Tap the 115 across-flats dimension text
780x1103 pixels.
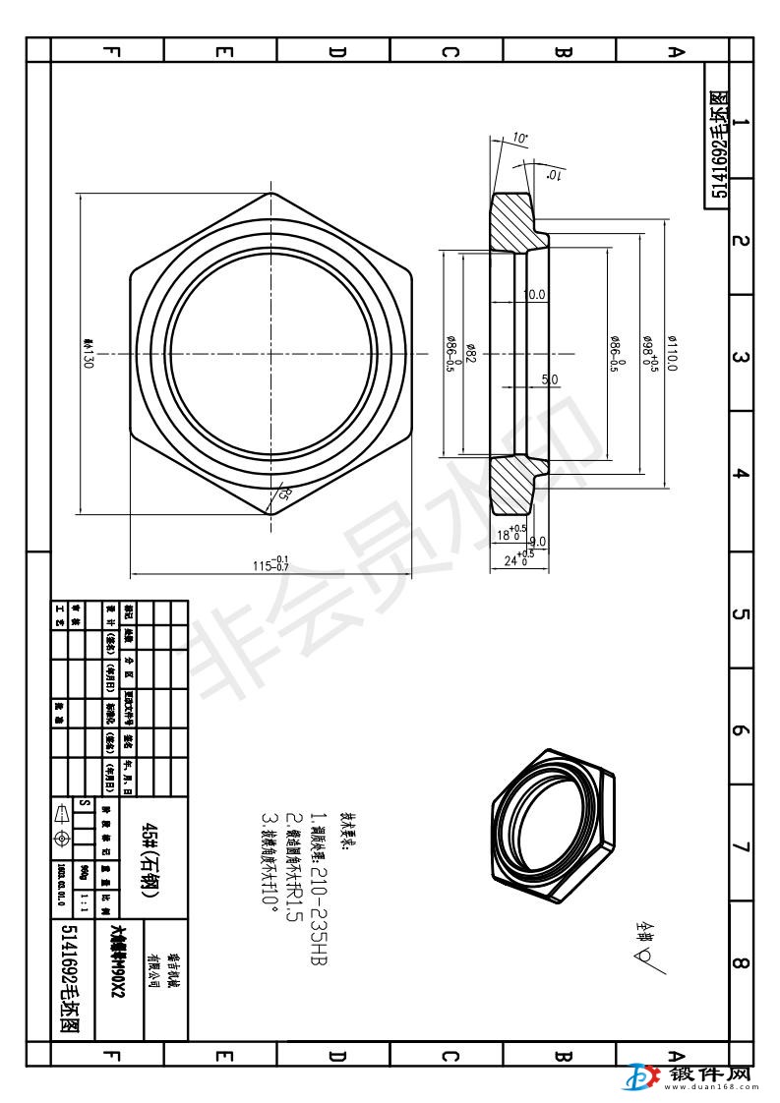pos(271,563)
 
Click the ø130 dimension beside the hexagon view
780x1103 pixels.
pos(89,352)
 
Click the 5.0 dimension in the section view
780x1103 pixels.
pos(549,379)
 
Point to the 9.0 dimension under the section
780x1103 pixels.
pos(538,542)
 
